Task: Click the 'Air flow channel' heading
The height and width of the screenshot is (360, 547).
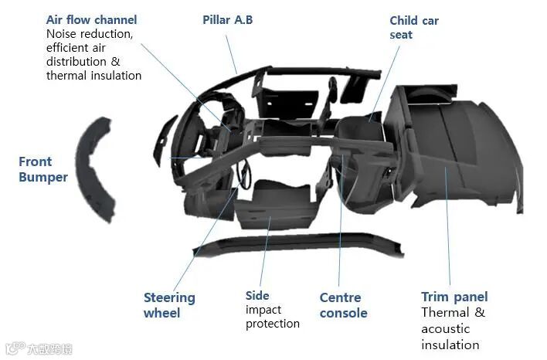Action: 91,20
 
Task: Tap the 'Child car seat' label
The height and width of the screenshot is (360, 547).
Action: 413,28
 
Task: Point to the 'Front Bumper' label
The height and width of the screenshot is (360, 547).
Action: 42,169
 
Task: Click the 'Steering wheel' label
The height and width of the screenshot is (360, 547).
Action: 169,305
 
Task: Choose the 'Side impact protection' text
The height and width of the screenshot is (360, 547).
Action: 272,309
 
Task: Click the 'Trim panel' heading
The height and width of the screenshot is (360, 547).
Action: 454,297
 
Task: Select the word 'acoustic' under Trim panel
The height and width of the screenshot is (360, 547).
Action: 445,329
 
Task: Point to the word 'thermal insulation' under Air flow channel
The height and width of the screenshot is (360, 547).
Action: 93,76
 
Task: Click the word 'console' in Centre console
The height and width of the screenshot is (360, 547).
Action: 343,314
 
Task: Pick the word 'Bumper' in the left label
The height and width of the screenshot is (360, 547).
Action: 42,178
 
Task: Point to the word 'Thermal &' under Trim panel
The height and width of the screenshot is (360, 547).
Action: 453,313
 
